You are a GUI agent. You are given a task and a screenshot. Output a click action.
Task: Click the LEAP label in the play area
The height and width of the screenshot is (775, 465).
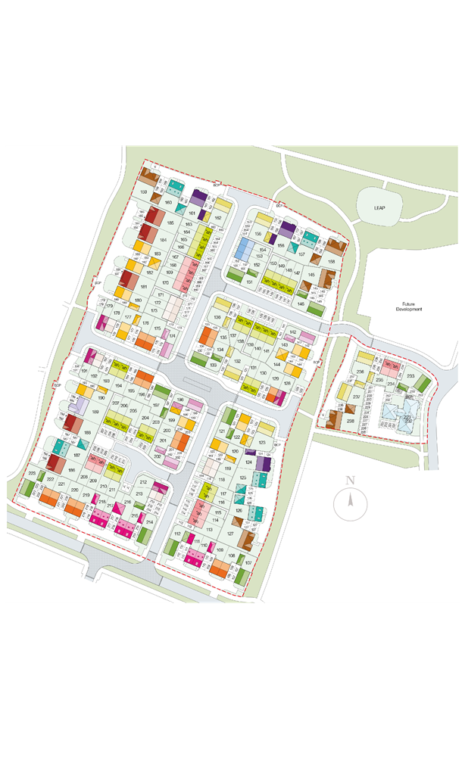coord(379,207)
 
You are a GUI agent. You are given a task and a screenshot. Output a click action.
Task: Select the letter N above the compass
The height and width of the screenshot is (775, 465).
coord(350,481)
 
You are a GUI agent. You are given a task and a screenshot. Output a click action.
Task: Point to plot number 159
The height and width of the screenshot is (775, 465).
coord(143,192)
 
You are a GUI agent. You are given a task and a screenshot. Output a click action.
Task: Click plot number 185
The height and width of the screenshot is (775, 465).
coord(170,223)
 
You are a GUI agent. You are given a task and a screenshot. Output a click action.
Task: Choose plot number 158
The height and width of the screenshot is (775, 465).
coord(331,262)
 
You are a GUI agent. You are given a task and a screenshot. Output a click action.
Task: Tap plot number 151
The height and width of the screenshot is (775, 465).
coord(249,282)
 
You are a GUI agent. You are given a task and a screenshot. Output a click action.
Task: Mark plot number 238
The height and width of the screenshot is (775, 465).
coord(350,421)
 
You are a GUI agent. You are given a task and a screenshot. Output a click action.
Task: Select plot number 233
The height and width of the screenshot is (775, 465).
coord(410,376)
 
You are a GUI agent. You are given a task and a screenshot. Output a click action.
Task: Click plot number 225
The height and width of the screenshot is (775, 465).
coord(32,474)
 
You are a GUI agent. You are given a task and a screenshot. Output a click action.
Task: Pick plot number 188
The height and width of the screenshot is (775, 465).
coord(88,432)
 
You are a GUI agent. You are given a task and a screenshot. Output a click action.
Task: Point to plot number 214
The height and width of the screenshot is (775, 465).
coord(149,522)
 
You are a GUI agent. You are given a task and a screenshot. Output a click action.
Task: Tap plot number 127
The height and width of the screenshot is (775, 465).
coord(229,534)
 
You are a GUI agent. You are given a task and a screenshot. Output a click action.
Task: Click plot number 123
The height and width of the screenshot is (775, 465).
coord(262,443)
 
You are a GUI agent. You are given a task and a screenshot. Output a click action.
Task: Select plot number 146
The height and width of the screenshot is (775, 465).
coord(301,304)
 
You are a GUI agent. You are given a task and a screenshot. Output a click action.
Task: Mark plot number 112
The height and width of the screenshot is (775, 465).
coord(177,534)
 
